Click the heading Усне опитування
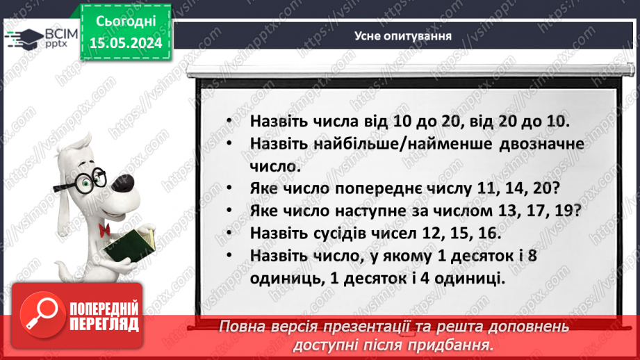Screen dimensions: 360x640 coord(404,35)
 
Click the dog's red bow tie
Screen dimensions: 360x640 coord(104,230)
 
